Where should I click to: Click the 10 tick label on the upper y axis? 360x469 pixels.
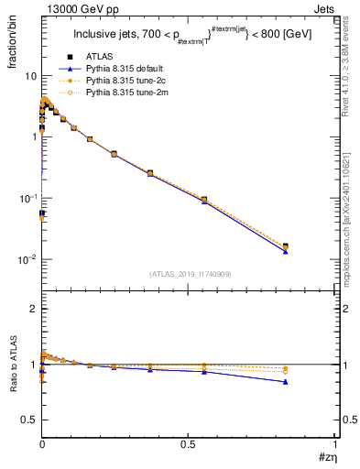click(x=29, y=75)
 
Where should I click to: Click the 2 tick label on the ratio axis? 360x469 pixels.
click(x=33, y=310)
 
